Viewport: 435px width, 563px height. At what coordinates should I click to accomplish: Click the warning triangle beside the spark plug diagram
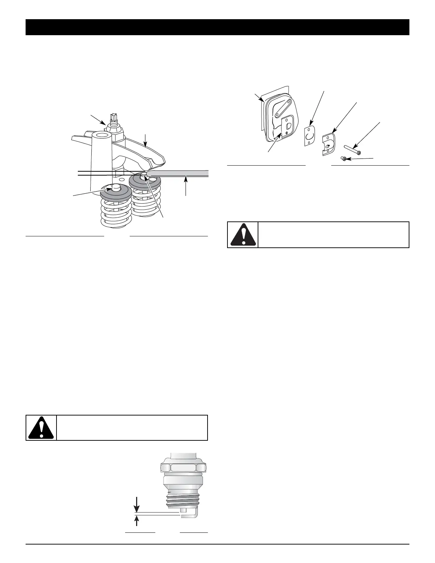[x=41, y=428]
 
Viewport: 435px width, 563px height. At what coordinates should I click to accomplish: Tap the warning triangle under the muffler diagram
[x=243, y=235]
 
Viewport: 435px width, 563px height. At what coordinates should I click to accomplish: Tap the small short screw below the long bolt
[x=344, y=159]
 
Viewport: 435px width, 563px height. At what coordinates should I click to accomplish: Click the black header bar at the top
[x=217, y=27]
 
